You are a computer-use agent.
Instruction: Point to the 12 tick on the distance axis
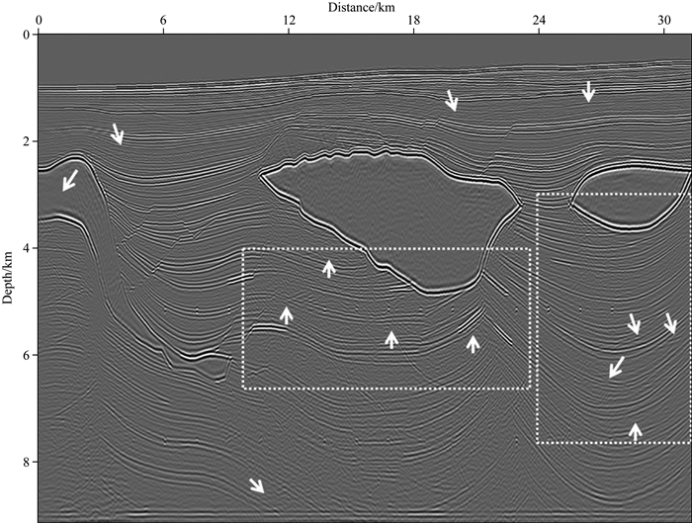(289, 20)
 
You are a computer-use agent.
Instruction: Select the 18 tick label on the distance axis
(413, 20)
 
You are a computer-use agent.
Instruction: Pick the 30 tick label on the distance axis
(663, 20)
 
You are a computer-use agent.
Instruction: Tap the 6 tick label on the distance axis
(163, 20)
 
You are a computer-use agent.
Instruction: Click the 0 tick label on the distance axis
(39, 20)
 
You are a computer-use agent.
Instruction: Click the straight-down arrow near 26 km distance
(588, 91)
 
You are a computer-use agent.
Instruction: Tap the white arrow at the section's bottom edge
(256, 484)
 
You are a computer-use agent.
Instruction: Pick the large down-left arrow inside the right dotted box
(616, 367)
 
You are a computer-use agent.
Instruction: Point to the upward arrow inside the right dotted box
(636, 430)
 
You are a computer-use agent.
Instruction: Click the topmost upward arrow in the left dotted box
(329, 267)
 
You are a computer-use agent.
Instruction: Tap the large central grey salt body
(395, 213)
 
